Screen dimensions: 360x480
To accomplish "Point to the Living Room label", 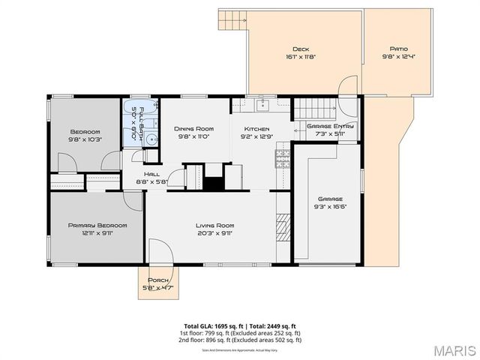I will [215, 225].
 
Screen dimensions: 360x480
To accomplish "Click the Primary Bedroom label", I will [97, 225].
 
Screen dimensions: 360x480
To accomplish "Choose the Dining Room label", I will [183, 129].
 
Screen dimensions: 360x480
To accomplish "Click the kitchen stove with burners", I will [283, 158].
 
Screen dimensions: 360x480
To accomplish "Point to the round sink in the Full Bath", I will [150, 138].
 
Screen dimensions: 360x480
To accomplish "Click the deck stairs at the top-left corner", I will [235, 21].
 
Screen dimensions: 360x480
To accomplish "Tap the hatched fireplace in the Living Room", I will [283, 227].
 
